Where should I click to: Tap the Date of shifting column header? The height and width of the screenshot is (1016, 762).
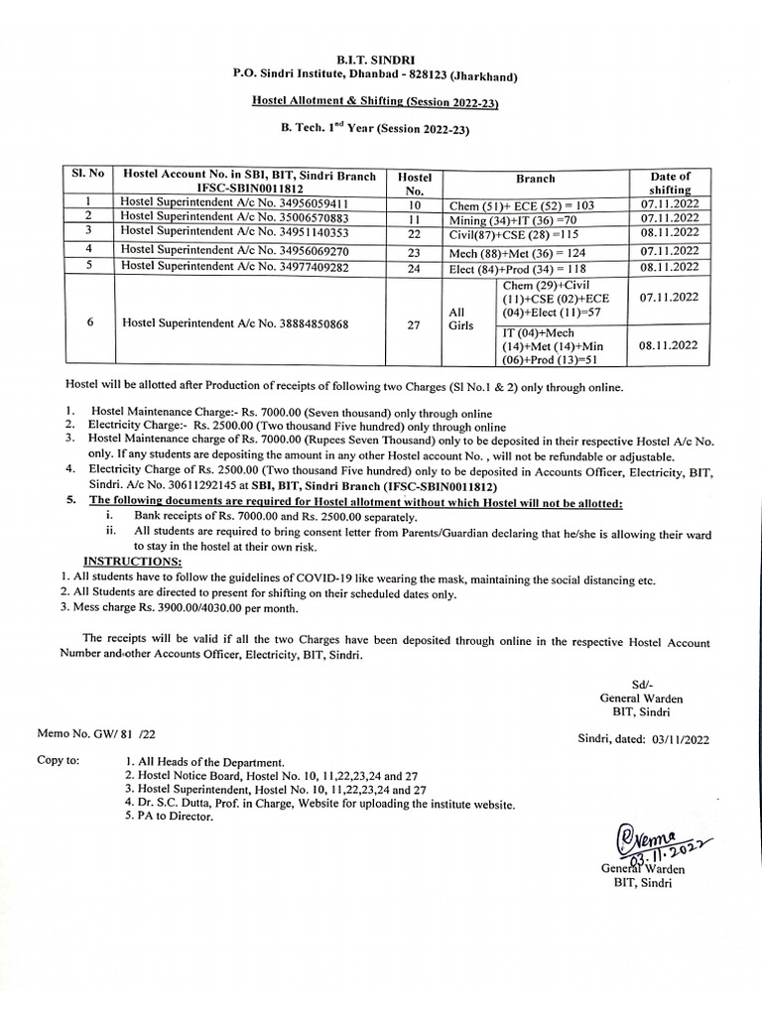pyautogui.click(x=670, y=183)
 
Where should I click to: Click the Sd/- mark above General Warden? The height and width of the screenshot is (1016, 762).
pyautogui.click(x=640, y=685)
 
